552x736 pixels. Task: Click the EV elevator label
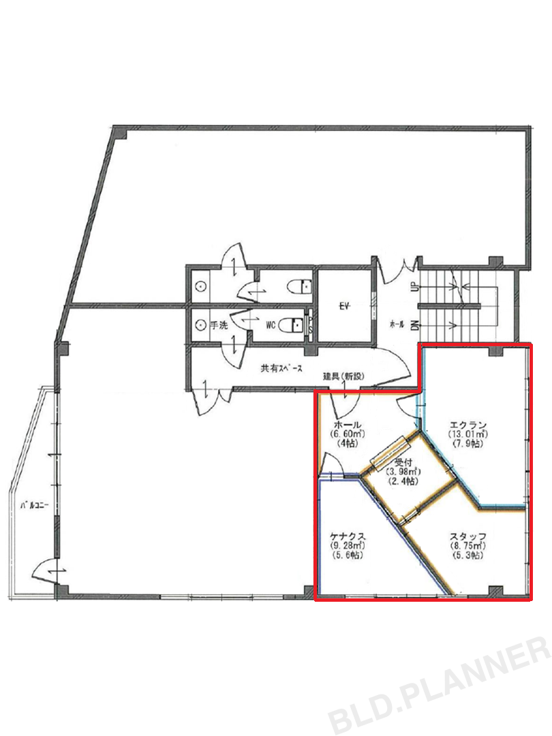coord(346,305)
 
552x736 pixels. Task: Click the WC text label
coord(271,325)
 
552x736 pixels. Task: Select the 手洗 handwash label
coord(218,325)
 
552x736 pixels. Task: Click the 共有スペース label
coord(281,369)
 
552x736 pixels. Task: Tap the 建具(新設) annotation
coord(343,376)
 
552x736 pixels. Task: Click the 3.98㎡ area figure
coord(403,472)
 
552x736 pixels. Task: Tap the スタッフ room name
coord(467,536)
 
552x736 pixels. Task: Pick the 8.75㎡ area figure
coord(467,545)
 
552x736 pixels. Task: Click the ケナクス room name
coord(348,536)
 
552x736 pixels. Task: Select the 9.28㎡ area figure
coord(348,545)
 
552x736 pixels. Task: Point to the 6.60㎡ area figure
coord(348,433)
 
